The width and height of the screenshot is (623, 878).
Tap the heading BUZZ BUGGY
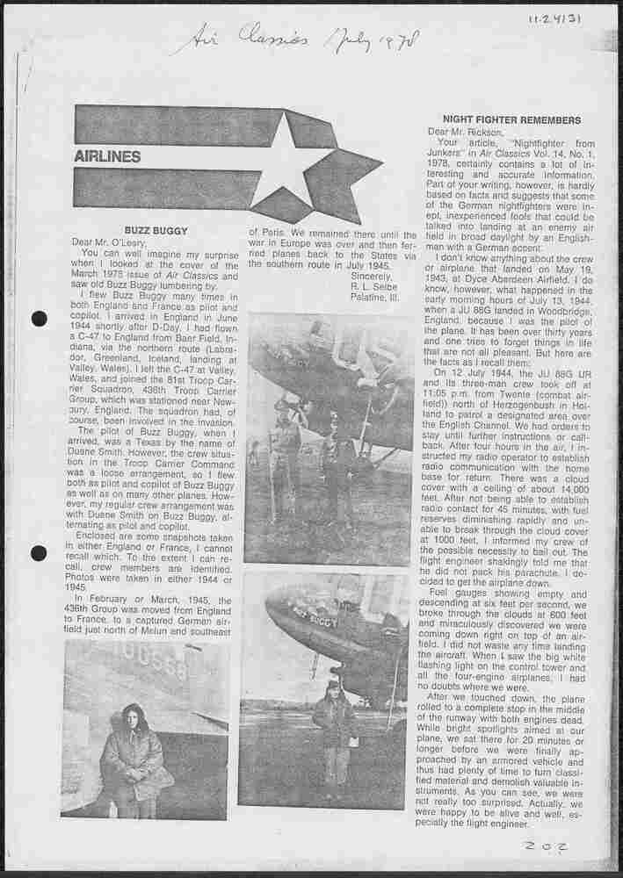tap(150, 230)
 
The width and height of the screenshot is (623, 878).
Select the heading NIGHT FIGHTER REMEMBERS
tap(498, 119)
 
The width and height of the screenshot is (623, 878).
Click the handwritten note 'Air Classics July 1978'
tap(299, 40)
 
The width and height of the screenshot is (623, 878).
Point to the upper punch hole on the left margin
tap(39, 319)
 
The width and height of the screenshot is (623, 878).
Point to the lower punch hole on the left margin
tap(39, 553)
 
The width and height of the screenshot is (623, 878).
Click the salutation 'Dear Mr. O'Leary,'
tap(110, 241)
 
